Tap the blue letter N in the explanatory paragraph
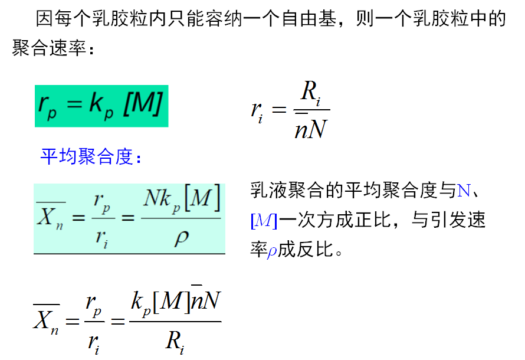pos(464,191)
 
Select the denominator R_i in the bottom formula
pos(175,341)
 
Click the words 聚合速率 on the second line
pos(50,49)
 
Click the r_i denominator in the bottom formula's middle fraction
pos(93,342)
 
